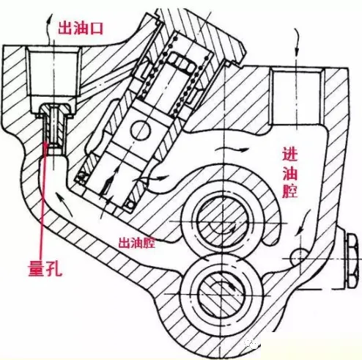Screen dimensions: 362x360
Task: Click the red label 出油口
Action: [x=81, y=29]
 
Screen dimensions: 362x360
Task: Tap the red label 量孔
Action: [x=45, y=267]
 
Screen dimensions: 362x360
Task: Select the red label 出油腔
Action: [x=136, y=243]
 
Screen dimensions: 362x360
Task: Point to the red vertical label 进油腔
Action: [x=290, y=172]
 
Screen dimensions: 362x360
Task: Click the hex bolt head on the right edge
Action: [x=352, y=261]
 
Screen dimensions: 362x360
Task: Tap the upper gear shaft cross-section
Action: [x=221, y=222]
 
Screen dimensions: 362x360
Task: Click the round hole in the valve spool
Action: [x=140, y=130]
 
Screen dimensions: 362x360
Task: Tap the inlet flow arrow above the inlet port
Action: [x=297, y=43]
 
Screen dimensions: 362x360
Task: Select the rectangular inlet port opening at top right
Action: [x=296, y=98]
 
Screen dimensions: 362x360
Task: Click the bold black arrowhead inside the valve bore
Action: [x=108, y=185]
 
